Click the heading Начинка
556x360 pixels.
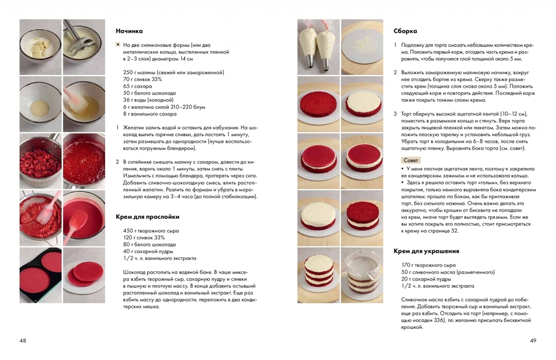click(129, 31)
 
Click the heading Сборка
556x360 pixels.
click(405, 31)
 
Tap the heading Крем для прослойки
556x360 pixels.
click(147, 217)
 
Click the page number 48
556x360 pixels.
click(23, 341)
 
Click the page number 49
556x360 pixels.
click(533, 341)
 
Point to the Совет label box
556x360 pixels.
click(411, 160)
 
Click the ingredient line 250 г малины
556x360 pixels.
click(173, 73)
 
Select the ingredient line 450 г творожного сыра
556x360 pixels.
click(151, 231)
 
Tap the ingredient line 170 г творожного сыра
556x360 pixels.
click(428, 265)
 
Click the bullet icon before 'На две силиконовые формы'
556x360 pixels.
click(118, 45)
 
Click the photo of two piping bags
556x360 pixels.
click(318, 47)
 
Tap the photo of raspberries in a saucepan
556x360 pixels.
click(41, 161)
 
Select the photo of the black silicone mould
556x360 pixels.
click(41, 276)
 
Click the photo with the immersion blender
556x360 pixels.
click(84, 47)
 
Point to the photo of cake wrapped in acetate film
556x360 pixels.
click(362, 276)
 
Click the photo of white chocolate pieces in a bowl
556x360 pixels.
click(41, 47)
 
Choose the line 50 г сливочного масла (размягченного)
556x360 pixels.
click(448, 272)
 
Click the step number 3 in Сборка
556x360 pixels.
click(395, 114)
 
